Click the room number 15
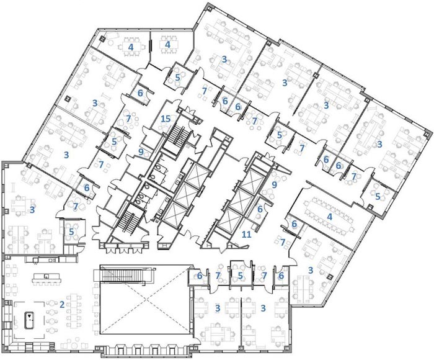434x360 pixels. pyautogui.click(x=166, y=119)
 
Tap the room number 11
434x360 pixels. pyautogui.click(x=246, y=235)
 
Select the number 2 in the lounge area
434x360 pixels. pyautogui.click(x=62, y=305)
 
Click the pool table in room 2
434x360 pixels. pyautogui.click(x=30, y=320)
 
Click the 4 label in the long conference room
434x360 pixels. pyautogui.click(x=329, y=217)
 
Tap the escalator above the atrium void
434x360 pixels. pyautogui.click(x=124, y=276)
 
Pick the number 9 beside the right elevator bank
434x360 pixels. pyautogui.click(x=274, y=185)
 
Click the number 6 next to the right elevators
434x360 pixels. pyautogui.click(x=260, y=209)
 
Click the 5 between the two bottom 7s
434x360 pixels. pyautogui.click(x=240, y=276)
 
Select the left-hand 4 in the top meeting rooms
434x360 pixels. pyautogui.click(x=131, y=47)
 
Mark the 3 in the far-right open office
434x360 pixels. pyautogui.click(x=379, y=144)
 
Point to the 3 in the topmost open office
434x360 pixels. pyautogui.click(x=224, y=59)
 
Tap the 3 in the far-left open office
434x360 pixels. pyautogui.click(x=32, y=210)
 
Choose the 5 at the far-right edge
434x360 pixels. pyautogui.click(x=378, y=196)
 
